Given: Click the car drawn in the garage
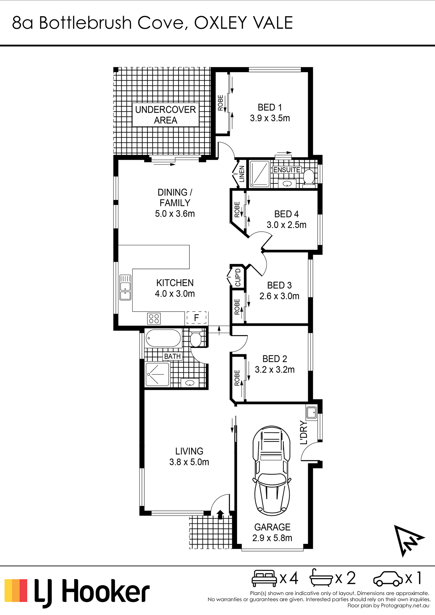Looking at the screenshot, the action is pos(272,471).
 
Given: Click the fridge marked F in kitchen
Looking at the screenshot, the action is pos(197,318).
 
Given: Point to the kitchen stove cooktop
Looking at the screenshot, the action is pos(154,318).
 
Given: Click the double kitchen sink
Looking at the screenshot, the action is pos(125,287).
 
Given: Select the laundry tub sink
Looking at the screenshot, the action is pos(312,412).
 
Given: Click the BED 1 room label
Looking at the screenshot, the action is pos(270,107).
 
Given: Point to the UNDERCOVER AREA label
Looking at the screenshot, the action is pos(166,115).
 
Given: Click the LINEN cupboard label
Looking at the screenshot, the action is pos(242,174).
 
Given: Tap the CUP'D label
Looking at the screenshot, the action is pos(238,277).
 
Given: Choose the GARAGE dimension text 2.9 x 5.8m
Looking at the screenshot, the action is pos(272,538).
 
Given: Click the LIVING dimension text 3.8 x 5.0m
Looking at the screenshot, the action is pos(189,462).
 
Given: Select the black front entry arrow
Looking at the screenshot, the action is pos(220,515).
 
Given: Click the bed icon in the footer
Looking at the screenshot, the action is pos(264,578).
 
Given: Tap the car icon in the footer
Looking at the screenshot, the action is pos(388,579).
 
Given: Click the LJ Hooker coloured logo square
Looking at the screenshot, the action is pos(16,590).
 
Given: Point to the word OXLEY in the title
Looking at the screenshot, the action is pos(220,23).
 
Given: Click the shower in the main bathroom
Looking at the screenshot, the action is pos(157,374).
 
